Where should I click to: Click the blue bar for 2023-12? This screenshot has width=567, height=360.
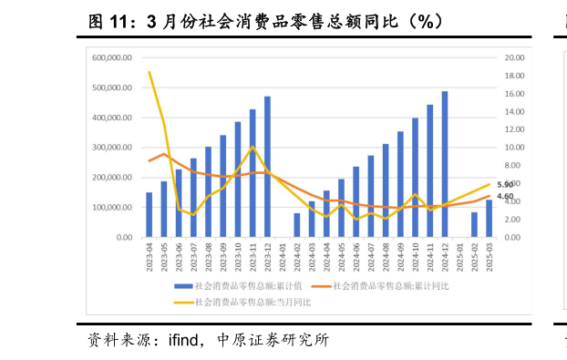point(267,167)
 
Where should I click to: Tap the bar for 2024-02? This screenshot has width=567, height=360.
point(297,225)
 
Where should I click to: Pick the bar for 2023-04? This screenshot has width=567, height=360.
point(149,215)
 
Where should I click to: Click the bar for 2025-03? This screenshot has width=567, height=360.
point(490,219)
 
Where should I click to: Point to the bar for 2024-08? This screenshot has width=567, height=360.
point(386,190)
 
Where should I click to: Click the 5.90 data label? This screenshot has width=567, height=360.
point(505,185)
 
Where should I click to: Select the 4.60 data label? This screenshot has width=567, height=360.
point(505,197)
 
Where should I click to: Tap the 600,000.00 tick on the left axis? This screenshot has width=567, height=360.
point(113,57)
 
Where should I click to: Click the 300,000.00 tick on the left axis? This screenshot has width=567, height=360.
point(113,148)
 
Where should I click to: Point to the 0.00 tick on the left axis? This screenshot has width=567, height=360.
point(123,237)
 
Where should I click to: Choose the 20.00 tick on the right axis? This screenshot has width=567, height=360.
point(513,57)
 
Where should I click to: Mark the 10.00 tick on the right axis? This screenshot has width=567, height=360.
point(513,148)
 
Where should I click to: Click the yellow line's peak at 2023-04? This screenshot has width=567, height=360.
point(149,72)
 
